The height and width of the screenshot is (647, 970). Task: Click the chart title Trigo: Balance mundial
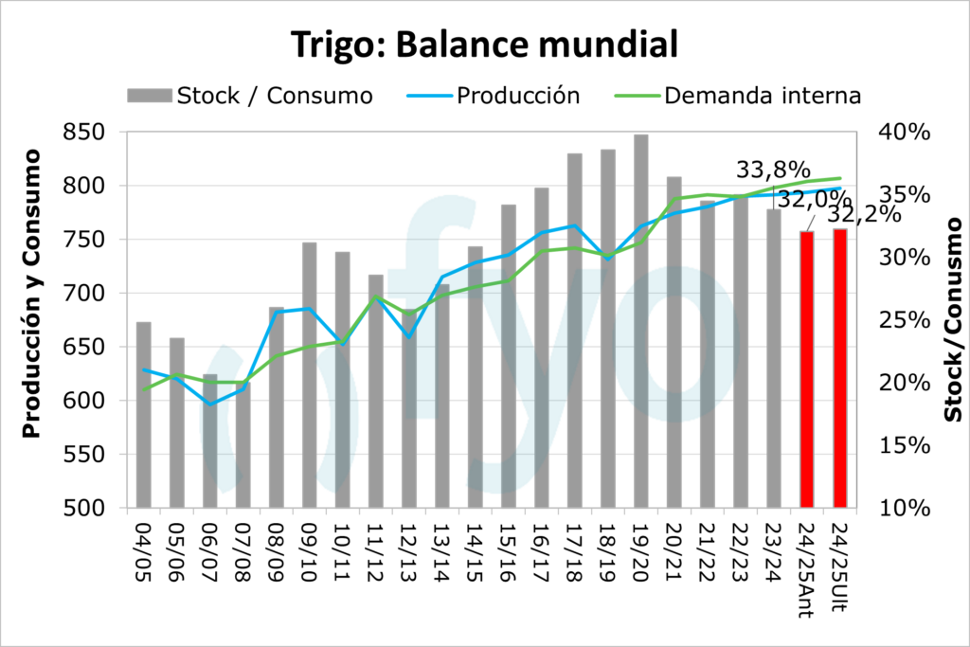click(484, 44)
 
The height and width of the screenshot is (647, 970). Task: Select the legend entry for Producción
click(517, 96)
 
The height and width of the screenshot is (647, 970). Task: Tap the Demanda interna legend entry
click(762, 96)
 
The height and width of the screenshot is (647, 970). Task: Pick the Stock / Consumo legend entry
click(275, 96)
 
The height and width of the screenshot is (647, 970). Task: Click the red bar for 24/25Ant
click(807, 369)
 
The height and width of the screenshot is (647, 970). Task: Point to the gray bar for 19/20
click(641, 322)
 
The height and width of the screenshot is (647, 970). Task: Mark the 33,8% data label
click(773, 171)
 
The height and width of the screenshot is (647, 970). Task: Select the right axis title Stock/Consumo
click(953, 319)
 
